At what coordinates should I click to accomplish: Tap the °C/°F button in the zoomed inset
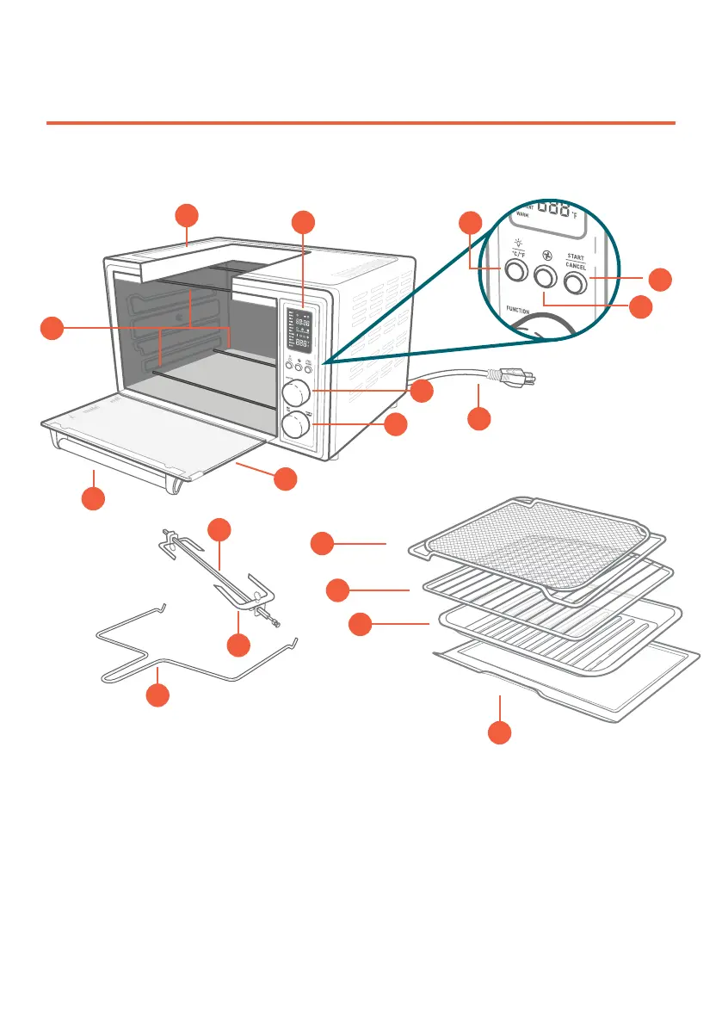coord(515,272)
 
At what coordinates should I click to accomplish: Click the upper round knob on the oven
coord(297,393)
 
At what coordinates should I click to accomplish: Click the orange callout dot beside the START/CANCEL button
coord(660,279)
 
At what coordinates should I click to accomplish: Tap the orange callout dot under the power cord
coord(480,420)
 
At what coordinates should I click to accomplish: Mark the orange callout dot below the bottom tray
coord(500,732)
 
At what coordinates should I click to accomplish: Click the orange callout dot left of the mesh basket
coord(322,543)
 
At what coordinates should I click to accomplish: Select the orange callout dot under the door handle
coord(93,497)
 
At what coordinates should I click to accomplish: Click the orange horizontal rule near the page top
coord(361,123)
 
